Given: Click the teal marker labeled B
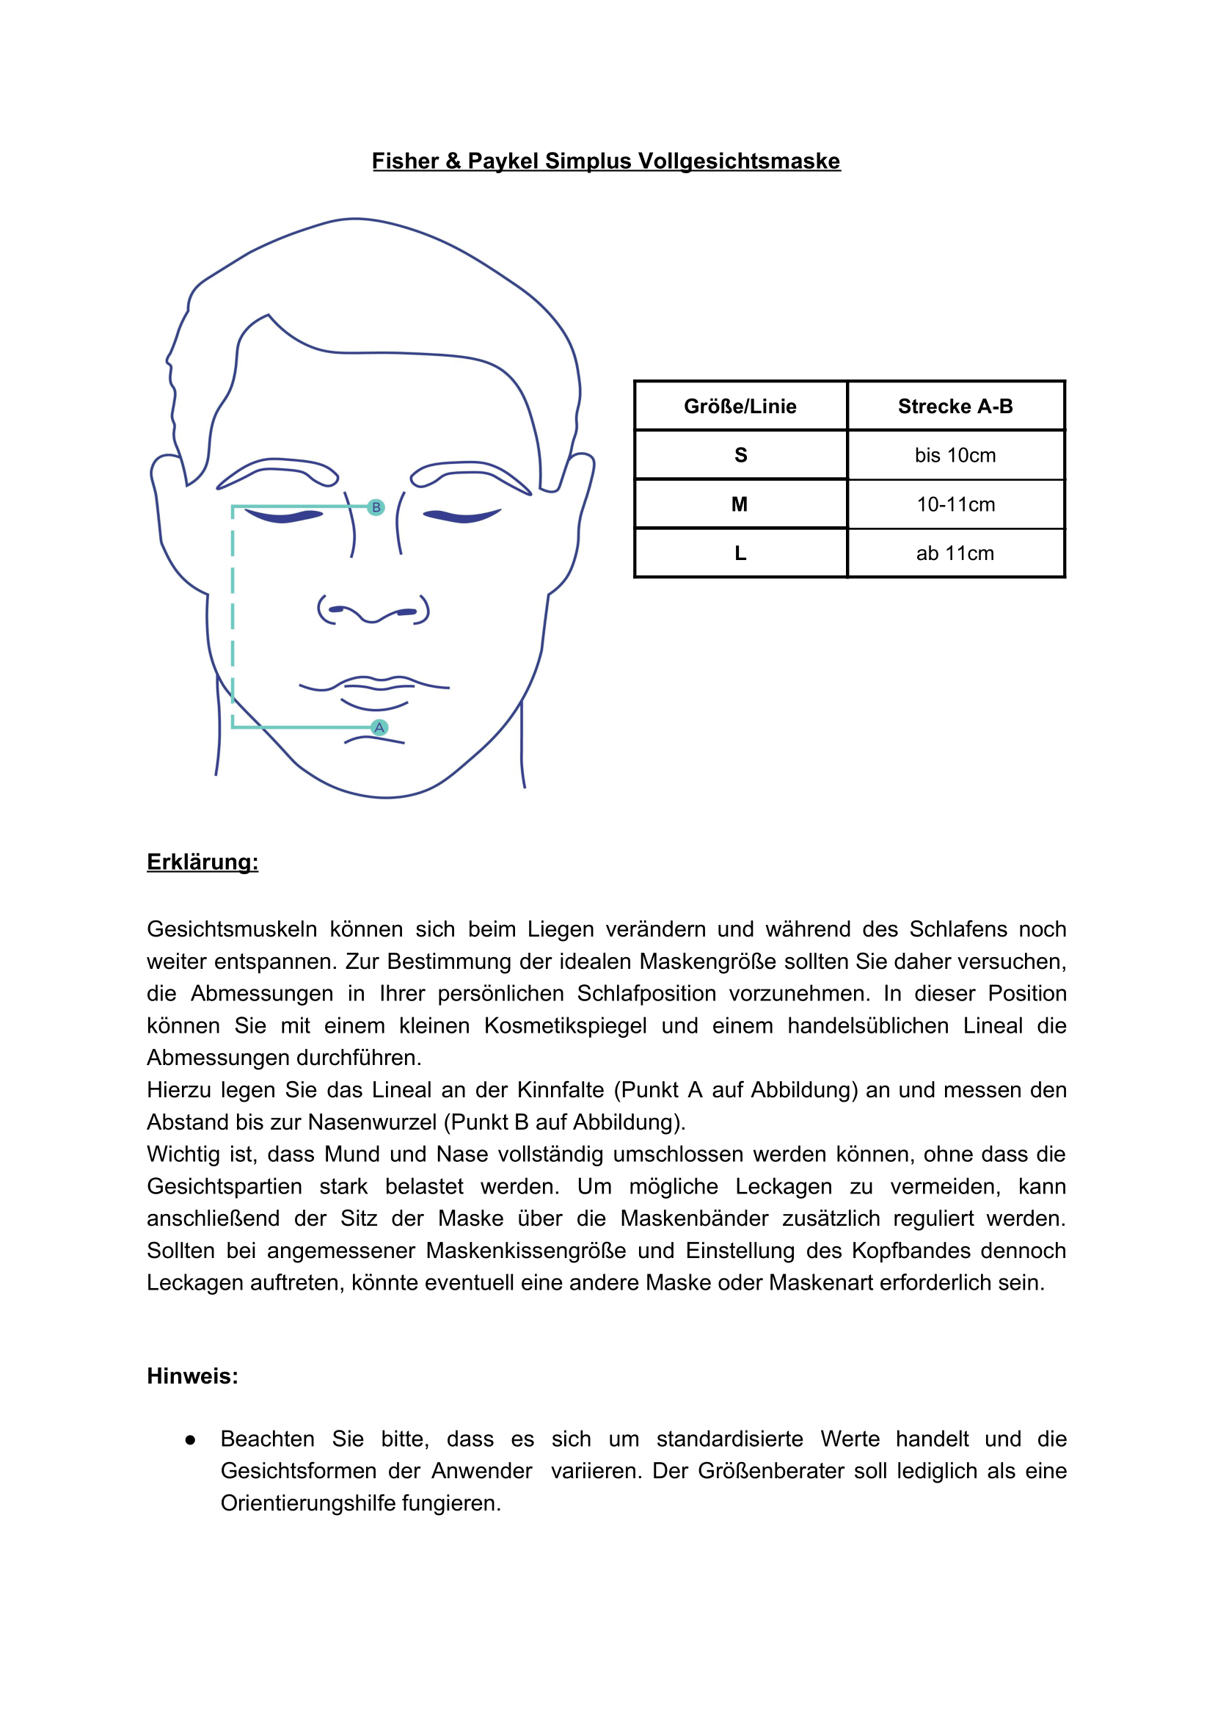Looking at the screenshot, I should point(376,507).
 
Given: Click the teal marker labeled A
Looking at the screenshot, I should point(379,727).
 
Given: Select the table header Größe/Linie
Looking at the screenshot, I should point(740,406).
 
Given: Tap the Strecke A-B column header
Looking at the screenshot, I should point(955,406).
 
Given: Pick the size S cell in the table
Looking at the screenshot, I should point(740,454).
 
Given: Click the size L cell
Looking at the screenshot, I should point(740,553).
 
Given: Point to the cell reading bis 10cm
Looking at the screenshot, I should point(955,455).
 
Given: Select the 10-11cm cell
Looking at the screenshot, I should point(955,505).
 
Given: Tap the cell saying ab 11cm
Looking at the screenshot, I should point(955,553).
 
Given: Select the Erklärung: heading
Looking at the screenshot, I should point(202,862).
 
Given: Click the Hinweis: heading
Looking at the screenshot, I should point(192,1375).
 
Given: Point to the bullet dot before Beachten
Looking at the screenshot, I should point(191,1439).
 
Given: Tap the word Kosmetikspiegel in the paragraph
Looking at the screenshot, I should point(565,1025).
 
